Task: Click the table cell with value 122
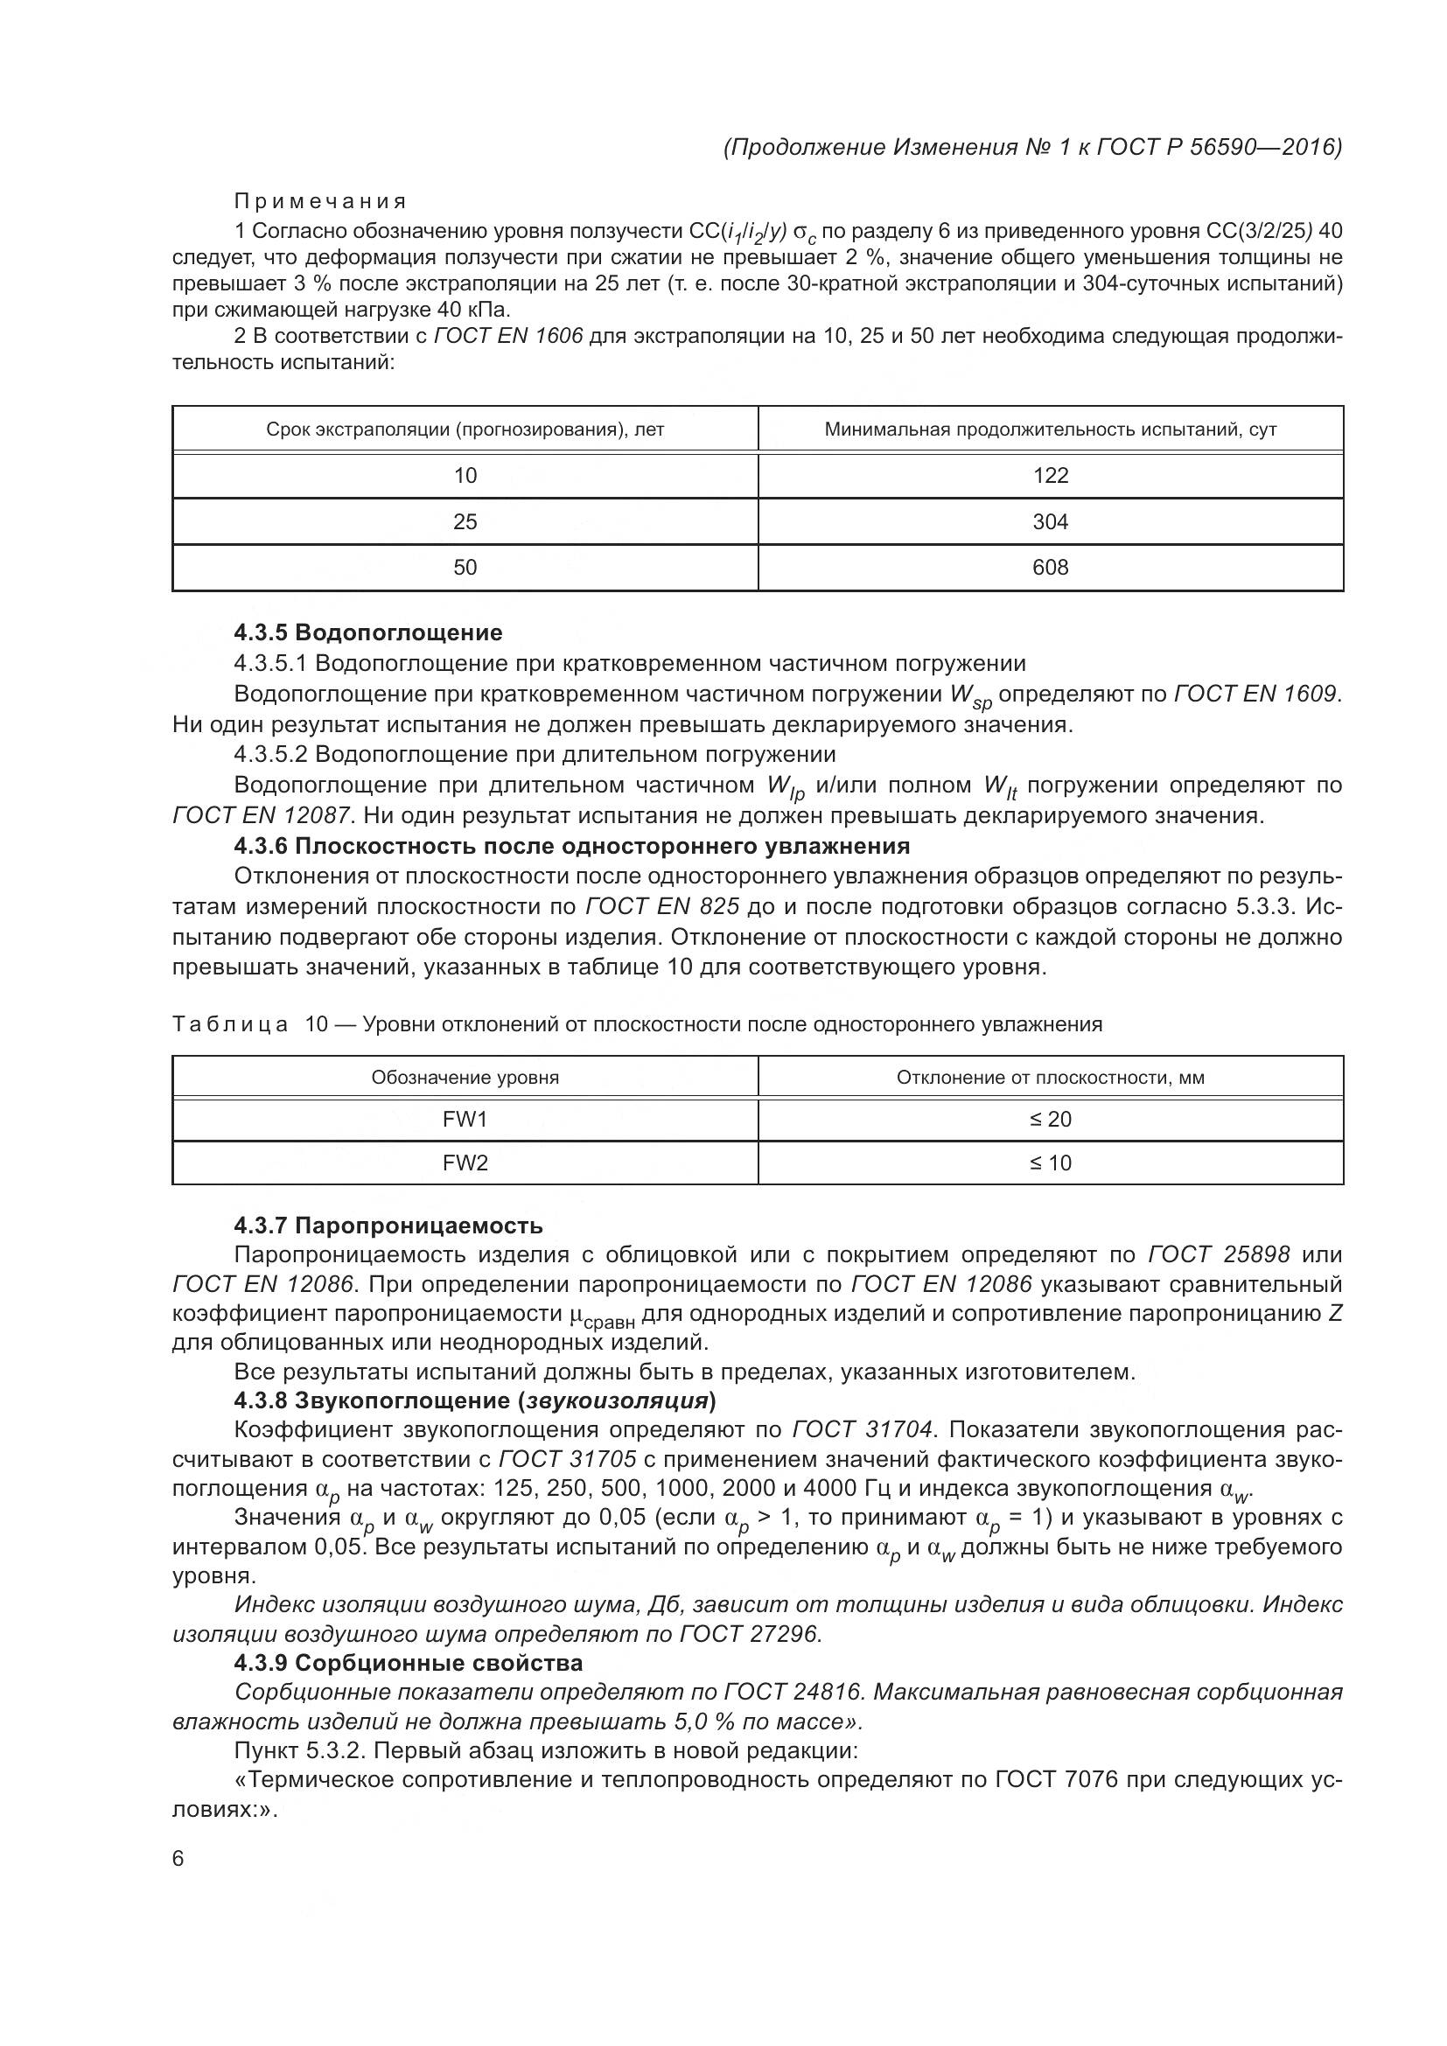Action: [1050, 475]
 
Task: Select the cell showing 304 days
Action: [1050, 521]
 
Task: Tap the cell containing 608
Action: [1050, 568]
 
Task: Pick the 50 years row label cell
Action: [465, 568]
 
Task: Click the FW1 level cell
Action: [465, 1120]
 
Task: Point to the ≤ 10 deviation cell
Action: [1050, 1163]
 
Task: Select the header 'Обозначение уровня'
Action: [465, 1078]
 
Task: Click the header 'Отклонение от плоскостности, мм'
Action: [1050, 1078]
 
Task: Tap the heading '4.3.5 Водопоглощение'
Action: [368, 632]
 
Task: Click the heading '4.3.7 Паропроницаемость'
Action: [388, 1226]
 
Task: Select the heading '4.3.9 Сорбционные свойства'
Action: [408, 1663]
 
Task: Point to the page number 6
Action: [178, 1859]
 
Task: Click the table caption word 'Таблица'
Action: [230, 1024]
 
